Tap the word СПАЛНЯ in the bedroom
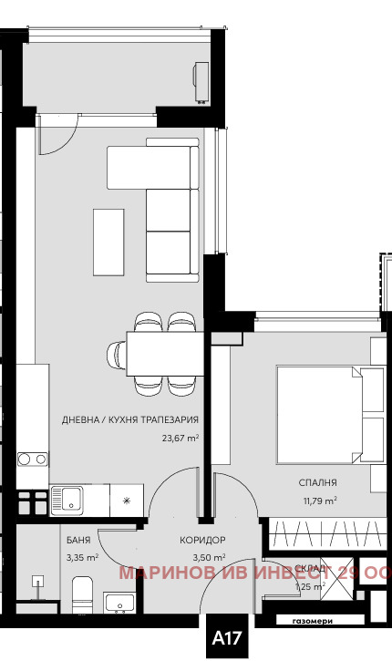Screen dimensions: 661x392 (317, 482)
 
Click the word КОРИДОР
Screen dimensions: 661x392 (203, 540)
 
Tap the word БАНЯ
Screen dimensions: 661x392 (78, 540)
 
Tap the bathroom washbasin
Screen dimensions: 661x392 (119, 602)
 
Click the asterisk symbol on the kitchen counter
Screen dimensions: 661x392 (127, 500)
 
